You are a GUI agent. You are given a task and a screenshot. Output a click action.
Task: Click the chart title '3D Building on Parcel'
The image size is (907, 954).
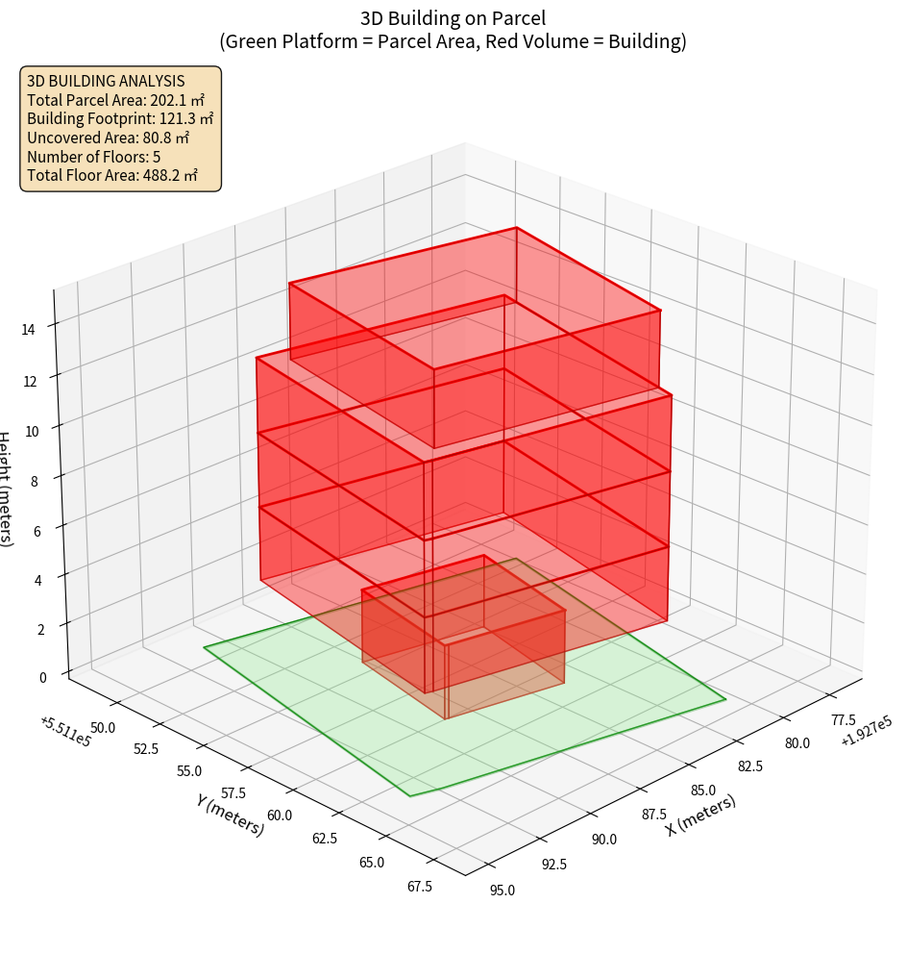click(453, 18)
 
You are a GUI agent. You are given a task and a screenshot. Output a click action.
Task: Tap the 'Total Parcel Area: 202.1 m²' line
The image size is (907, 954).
click(116, 99)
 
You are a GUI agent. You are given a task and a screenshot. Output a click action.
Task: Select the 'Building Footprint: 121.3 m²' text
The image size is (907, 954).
click(120, 118)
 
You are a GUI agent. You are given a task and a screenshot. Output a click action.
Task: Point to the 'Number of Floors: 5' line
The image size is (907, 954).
click(94, 157)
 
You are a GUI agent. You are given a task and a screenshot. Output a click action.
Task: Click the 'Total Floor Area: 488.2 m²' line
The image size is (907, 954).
click(112, 176)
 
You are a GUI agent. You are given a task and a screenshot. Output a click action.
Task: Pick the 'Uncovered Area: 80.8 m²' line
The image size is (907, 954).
click(109, 138)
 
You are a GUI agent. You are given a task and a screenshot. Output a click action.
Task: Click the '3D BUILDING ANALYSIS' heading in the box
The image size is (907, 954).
click(106, 81)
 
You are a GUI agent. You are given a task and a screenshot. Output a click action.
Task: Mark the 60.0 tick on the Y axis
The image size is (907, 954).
click(279, 816)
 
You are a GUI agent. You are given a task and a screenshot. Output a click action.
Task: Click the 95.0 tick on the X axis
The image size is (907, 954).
click(502, 890)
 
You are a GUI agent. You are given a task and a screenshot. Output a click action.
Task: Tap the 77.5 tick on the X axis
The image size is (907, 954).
click(843, 719)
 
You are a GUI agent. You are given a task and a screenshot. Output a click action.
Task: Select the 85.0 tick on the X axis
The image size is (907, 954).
click(703, 791)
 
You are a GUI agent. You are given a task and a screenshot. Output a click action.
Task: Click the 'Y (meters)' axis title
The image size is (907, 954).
click(230, 814)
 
